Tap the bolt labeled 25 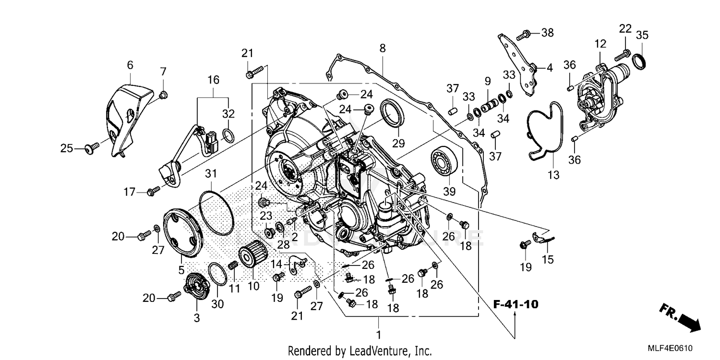click(91, 149)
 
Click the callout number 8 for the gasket click(382, 48)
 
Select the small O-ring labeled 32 click(229, 136)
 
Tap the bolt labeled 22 click(622, 55)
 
